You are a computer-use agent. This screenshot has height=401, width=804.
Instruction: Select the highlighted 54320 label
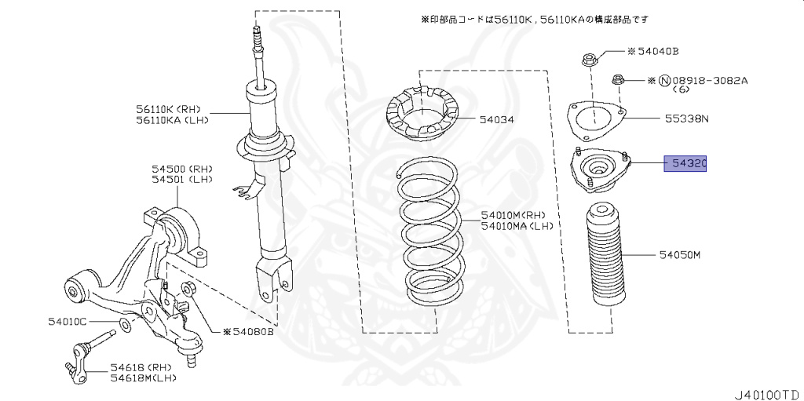(x=685, y=164)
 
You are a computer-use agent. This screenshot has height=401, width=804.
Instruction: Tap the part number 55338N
(x=686, y=119)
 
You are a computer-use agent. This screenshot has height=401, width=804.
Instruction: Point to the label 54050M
(x=680, y=255)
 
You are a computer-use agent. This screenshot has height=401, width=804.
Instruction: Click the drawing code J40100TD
(x=766, y=390)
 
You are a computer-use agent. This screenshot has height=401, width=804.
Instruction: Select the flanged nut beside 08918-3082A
(x=617, y=79)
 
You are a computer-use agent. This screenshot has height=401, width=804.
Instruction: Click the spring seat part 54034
(x=422, y=118)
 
